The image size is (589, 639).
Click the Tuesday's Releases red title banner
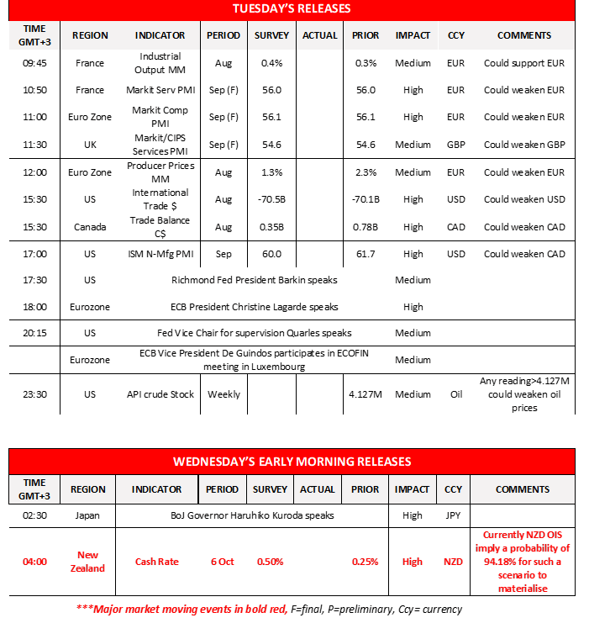tap(292, 9)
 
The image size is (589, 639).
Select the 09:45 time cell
tap(34, 63)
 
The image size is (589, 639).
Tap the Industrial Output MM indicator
tap(160, 63)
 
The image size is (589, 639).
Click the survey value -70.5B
tap(271, 199)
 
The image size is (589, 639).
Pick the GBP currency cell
tap(455, 145)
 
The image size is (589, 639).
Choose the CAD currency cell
tap(455, 227)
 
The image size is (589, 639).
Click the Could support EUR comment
tap(523, 63)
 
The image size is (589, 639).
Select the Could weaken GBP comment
tap(524, 145)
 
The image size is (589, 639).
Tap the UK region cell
tap(90, 145)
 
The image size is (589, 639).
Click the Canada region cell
tap(90, 227)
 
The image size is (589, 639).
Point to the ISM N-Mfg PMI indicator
tap(160, 254)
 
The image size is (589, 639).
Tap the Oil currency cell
tap(455, 394)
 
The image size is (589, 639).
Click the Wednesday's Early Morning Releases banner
tap(292, 462)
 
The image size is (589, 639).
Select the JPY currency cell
tap(453, 515)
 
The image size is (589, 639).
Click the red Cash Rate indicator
tap(156, 562)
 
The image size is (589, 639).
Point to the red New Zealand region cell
tap(88, 562)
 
